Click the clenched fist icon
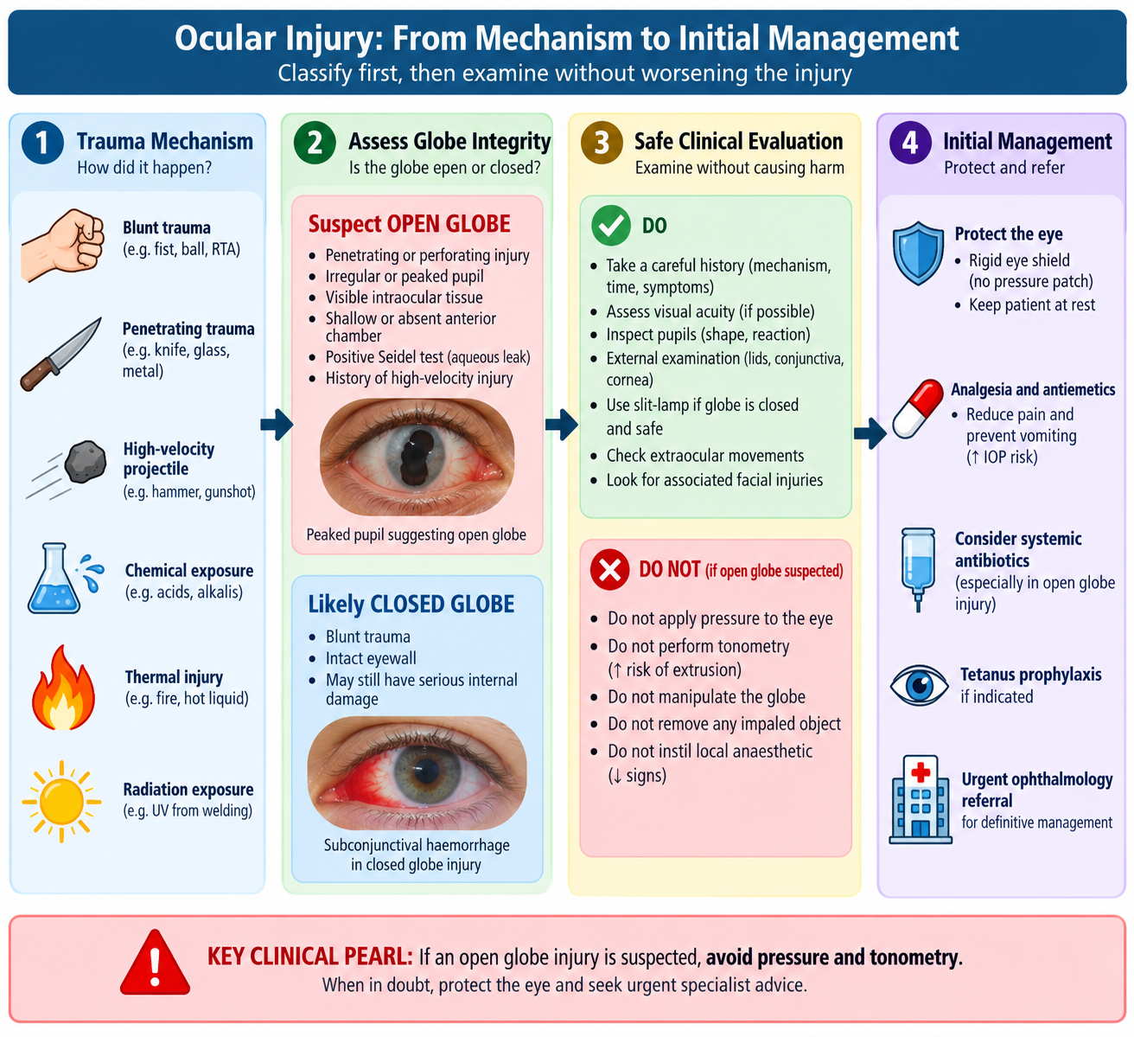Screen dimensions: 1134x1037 coord(62,245)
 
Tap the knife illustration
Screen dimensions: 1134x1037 coord(61,354)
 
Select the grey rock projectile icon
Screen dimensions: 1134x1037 coord(86,461)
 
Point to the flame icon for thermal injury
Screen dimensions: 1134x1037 coord(63,688)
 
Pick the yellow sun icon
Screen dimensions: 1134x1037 coord(61,801)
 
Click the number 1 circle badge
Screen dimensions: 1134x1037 coord(42,143)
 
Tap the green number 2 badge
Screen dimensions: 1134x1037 coord(315,143)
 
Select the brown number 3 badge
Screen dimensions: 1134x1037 coord(602,143)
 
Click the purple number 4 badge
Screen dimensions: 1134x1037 coord(910,143)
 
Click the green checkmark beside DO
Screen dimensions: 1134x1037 coord(610,226)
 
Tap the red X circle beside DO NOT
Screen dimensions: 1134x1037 coord(610,570)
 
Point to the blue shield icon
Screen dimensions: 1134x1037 coord(918,253)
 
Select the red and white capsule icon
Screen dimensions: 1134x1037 coord(918,408)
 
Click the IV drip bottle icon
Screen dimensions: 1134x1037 coord(918,569)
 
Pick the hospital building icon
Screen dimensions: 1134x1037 coord(921,799)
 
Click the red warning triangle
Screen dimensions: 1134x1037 coord(155,963)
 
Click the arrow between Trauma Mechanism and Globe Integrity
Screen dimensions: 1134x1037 coord(277,425)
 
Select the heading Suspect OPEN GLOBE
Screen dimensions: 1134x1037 coord(410,224)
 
